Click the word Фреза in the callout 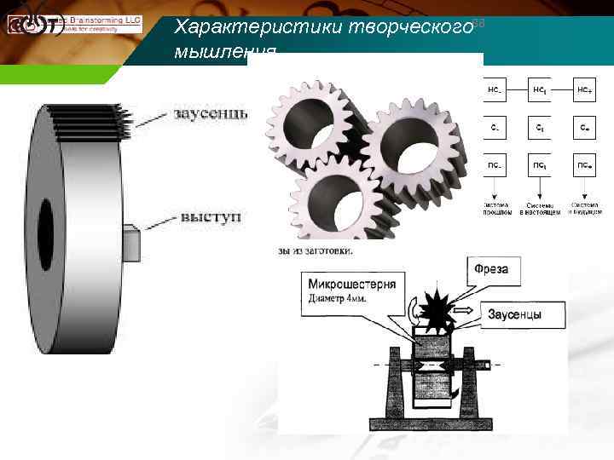pyautogui.click(x=491, y=269)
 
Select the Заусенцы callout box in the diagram pyautogui.click(x=514, y=314)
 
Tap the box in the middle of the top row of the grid pyautogui.click(x=539, y=89)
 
